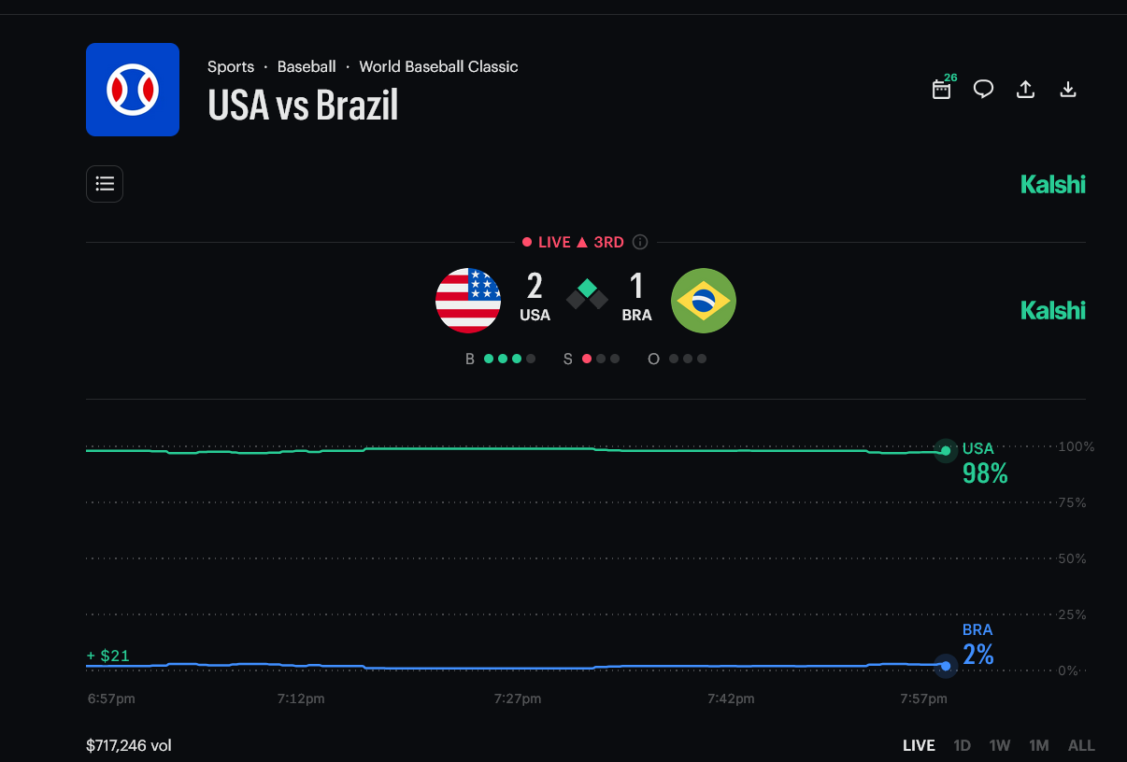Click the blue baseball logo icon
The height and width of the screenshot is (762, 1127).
point(133,90)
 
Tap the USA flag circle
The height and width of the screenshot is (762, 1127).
point(468,301)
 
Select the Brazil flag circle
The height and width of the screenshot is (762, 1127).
point(704,301)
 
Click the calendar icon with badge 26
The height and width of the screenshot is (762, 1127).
point(942,90)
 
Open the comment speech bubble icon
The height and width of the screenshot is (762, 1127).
point(983,90)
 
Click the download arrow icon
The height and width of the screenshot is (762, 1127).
point(1068,90)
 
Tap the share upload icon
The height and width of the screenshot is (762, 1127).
point(1025,90)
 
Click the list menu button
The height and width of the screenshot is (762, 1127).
point(105,184)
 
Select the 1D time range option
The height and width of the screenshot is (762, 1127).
point(962,745)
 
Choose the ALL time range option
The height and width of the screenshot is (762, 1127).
point(1081,745)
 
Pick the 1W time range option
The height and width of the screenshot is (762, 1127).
point(1000,745)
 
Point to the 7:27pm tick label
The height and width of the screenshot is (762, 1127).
point(518,698)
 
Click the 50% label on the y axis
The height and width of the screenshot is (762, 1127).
point(1071,558)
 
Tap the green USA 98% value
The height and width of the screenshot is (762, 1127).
point(985,474)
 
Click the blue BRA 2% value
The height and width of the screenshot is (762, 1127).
point(978,655)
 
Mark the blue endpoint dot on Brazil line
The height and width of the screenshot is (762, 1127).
point(946,666)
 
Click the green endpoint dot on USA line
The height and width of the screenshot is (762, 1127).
point(946,451)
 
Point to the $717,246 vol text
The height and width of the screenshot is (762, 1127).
point(129,745)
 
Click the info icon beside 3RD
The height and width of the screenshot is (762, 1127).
point(640,242)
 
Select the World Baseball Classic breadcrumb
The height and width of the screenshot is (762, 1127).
point(438,66)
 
